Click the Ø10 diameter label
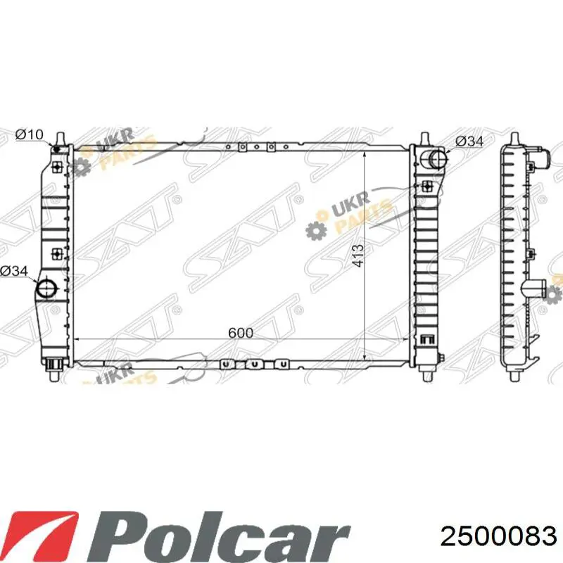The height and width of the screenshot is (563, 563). coord(30,134)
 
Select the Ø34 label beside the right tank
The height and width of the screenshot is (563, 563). coord(469,141)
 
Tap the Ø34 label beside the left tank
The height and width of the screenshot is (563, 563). coord(14,270)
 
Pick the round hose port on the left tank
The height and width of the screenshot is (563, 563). coord(46,289)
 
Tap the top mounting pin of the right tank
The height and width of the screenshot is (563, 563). coord(426,138)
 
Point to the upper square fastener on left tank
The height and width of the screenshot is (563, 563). coord(56,167)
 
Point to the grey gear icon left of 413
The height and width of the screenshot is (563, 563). coord(315,229)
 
